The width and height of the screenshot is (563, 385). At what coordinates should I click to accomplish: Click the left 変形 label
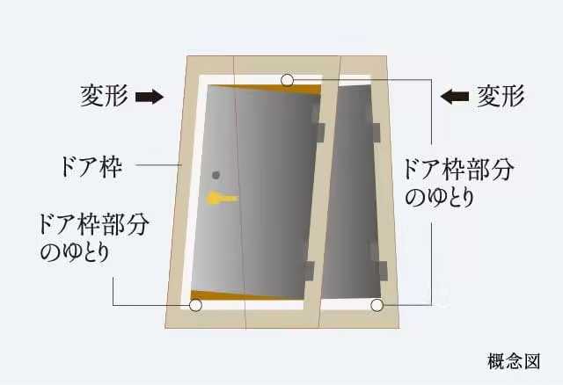point(106,94)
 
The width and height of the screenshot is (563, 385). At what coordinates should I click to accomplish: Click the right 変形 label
point(501,94)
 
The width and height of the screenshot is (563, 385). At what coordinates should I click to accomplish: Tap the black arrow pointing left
point(455,96)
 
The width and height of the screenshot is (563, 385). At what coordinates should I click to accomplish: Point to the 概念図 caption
point(512,360)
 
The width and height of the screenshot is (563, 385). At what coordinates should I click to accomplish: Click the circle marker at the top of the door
point(288,81)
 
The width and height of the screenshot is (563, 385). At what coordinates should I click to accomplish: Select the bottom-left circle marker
point(195,306)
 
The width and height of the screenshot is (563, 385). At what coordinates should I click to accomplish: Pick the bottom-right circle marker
point(377,306)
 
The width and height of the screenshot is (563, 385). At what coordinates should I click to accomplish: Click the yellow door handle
point(220,199)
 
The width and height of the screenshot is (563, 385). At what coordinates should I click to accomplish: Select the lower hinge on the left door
point(309,270)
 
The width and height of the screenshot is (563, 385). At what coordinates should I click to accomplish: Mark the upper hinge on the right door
point(377,131)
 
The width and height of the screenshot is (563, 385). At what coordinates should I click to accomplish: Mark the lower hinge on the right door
point(381,267)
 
